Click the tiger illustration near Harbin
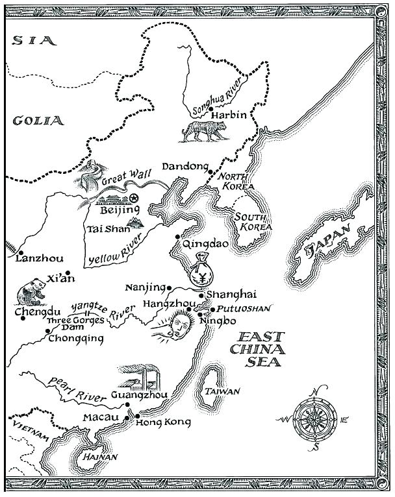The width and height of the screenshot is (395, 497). coord(203,132)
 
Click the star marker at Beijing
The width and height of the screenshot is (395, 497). coord(133,198)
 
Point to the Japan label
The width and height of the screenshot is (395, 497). coord(329,245)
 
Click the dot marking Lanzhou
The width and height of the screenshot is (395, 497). coord(21,252)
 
